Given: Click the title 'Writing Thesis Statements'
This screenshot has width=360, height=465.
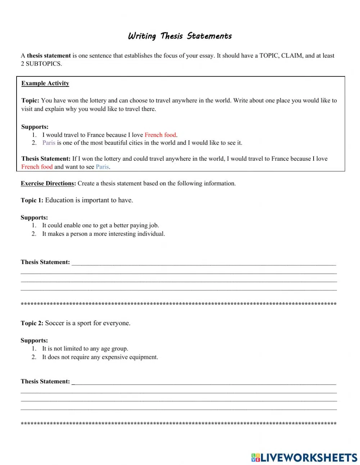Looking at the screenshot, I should pos(180,36).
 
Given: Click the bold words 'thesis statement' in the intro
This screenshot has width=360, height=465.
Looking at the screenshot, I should pos(49,56).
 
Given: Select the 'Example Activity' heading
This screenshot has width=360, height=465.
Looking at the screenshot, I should pos(45,84).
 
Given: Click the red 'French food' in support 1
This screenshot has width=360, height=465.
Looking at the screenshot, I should pos(160,135).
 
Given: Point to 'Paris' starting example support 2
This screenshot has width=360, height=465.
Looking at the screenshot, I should pos(49,143).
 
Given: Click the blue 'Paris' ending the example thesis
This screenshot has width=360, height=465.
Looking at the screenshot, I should pos(102,167).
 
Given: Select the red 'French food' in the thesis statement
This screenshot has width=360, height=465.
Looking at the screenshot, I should pos(37,167).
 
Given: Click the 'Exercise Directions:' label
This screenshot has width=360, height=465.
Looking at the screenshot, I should pos(48,184).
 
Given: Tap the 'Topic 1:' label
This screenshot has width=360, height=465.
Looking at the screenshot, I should pos(32,201).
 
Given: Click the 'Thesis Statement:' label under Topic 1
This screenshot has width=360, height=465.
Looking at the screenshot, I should pos(45,263).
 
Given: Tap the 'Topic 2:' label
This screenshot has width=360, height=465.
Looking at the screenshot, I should pos(32,323).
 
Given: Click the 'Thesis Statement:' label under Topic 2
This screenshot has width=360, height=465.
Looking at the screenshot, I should pos(45,382).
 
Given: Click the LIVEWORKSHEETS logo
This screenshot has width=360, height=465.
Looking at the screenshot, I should pos(304,457).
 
